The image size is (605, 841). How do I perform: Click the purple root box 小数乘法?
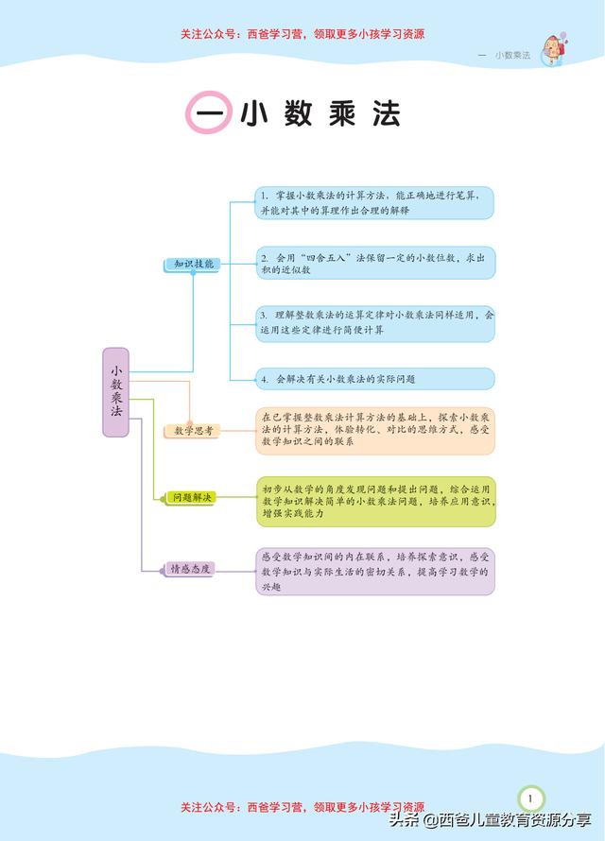[116, 392]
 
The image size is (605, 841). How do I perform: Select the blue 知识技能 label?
[192, 264]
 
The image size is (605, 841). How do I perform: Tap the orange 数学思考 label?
[192, 431]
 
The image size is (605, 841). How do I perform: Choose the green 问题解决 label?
[189, 498]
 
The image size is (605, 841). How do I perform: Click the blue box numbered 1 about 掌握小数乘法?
[373, 203]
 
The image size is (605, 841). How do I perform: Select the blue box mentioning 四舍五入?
[375, 263]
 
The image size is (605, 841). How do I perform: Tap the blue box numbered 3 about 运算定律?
[375, 324]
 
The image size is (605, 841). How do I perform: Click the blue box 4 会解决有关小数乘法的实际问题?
[375, 379]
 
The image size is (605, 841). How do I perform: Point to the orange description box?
[375, 431]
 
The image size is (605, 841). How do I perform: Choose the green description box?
[375, 502]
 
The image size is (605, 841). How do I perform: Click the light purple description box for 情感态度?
[375, 571]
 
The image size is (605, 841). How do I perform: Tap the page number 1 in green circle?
[530, 798]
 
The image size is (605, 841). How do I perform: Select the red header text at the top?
[302, 34]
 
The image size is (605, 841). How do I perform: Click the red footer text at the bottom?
[302, 807]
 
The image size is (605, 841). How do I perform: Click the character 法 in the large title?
[387, 113]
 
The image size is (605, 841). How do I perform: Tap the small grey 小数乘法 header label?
[512, 55]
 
